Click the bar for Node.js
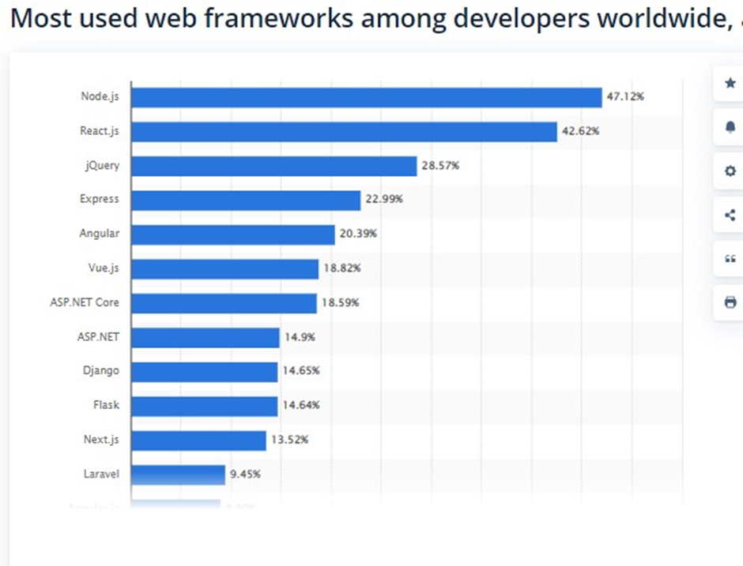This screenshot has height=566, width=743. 366,97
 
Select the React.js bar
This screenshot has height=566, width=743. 344,132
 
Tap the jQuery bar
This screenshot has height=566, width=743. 273,166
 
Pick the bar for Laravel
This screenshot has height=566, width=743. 178,474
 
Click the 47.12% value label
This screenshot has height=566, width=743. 625,97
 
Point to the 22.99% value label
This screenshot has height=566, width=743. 384,200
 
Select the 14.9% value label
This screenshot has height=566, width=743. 300,337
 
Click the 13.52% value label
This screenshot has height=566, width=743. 289,440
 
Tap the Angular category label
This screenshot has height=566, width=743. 99,234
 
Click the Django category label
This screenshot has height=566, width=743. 100,371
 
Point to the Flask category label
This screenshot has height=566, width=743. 106,406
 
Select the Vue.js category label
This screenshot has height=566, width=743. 103,268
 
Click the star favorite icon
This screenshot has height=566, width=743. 730,83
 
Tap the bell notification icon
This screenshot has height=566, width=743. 730,127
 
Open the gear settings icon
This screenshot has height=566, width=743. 730,171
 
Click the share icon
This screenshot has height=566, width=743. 730,215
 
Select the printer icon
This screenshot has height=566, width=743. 730,302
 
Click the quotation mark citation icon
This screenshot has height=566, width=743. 730,259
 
